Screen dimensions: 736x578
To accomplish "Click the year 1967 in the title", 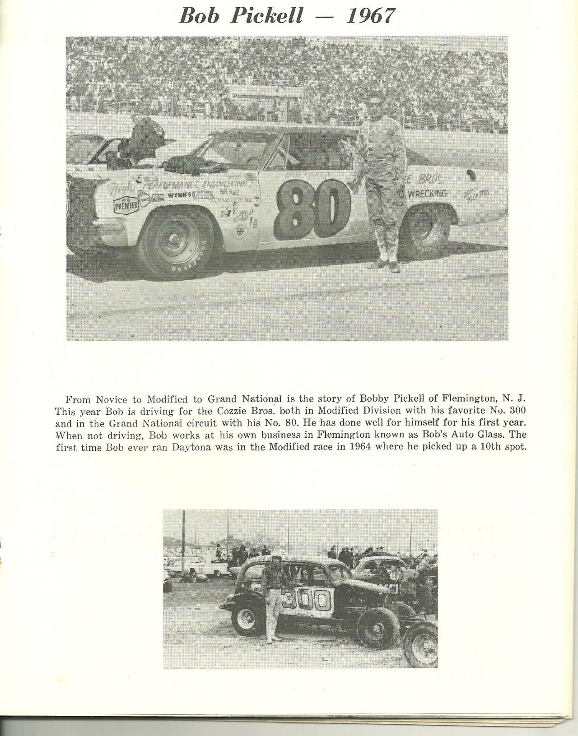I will (x=370, y=16).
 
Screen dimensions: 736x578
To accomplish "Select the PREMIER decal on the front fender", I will (x=126, y=205).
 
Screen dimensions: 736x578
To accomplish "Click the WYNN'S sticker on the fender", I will (x=180, y=195).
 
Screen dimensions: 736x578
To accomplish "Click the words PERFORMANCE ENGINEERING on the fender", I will (x=195, y=184).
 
